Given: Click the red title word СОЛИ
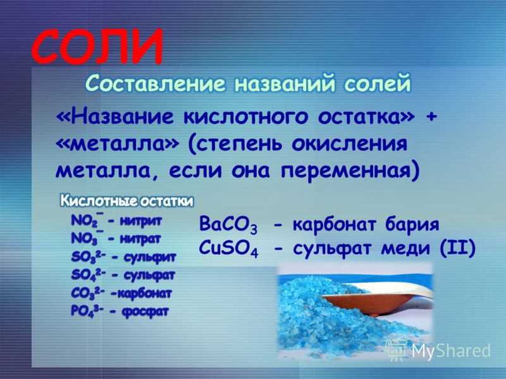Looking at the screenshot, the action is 97,47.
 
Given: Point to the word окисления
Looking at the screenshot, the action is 350,144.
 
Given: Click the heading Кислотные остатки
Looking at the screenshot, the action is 127,202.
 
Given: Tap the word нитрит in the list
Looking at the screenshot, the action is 140,222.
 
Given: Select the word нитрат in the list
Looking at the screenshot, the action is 140,239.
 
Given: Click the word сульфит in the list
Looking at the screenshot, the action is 150,258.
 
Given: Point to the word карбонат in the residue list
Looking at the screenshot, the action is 144,293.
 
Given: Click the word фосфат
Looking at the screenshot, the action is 145,311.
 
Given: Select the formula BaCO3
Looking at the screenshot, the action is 228,225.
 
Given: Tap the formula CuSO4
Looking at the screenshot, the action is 228,250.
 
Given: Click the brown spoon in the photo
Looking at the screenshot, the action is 368,303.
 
